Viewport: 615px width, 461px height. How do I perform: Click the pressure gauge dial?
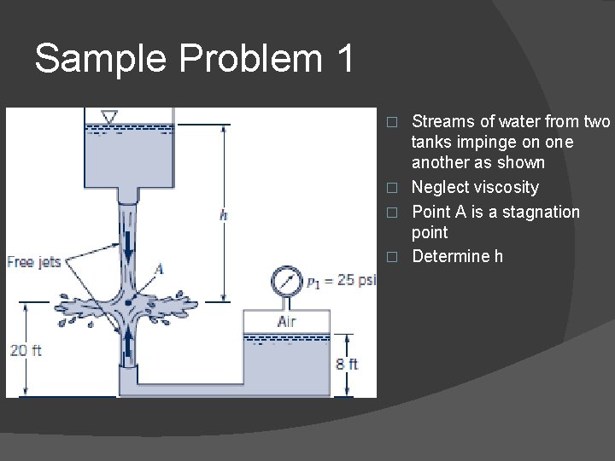pos(286,281)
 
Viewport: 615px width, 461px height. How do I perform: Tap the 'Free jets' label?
pos(33,262)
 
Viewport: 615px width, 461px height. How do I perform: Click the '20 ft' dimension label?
pos(26,350)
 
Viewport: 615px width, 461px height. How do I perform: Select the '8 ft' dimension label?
pos(346,365)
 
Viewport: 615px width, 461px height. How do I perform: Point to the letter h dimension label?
pos(223,215)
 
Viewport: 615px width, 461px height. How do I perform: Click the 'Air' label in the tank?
pos(287,322)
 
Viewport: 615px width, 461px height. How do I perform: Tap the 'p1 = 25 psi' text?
pos(339,281)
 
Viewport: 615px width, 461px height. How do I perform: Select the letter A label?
pos(158,270)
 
